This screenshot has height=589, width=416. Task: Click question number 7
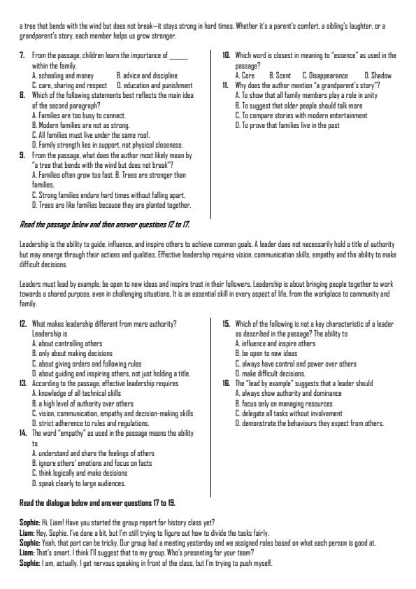(x=22, y=54)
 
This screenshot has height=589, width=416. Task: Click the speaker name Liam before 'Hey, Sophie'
(x=28, y=529)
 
